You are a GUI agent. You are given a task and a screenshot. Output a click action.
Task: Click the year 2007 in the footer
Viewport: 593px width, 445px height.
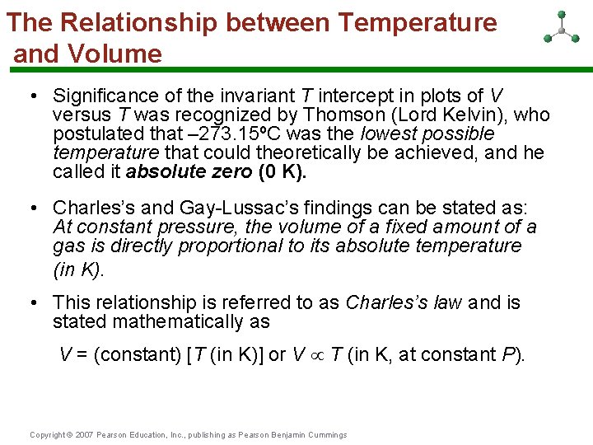pyautogui.click(x=84, y=435)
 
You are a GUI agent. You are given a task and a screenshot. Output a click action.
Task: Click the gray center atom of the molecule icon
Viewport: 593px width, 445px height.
pyautogui.click(x=561, y=30)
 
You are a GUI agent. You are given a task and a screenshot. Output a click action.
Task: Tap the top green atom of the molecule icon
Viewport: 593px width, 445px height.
pyautogui.click(x=561, y=14)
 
